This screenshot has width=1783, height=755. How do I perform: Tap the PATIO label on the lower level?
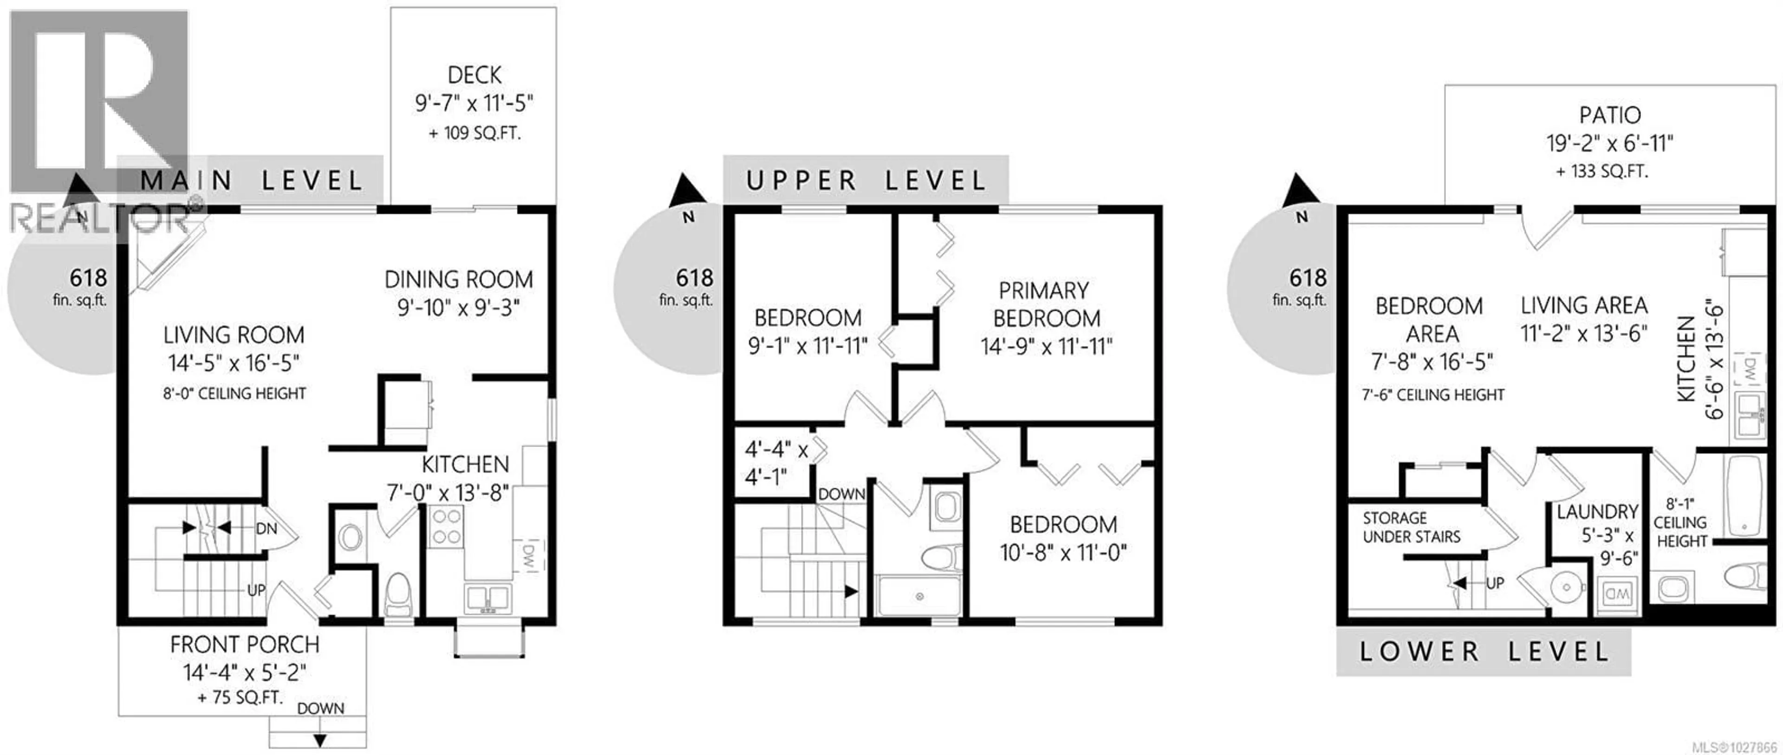pyautogui.click(x=1609, y=115)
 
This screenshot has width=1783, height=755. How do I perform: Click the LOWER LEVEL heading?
pyautogui.click(x=1484, y=651)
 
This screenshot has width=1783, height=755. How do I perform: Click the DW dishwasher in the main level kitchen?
pyautogui.click(x=528, y=557)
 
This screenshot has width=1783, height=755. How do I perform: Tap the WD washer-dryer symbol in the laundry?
pyautogui.click(x=1617, y=593)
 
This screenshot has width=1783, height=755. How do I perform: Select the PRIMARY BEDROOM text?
pyautogui.click(x=1046, y=304)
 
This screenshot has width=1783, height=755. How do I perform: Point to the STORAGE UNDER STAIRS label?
pyautogui.click(x=1412, y=527)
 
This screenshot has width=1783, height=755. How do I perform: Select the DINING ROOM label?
pyautogui.click(x=458, y=279)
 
